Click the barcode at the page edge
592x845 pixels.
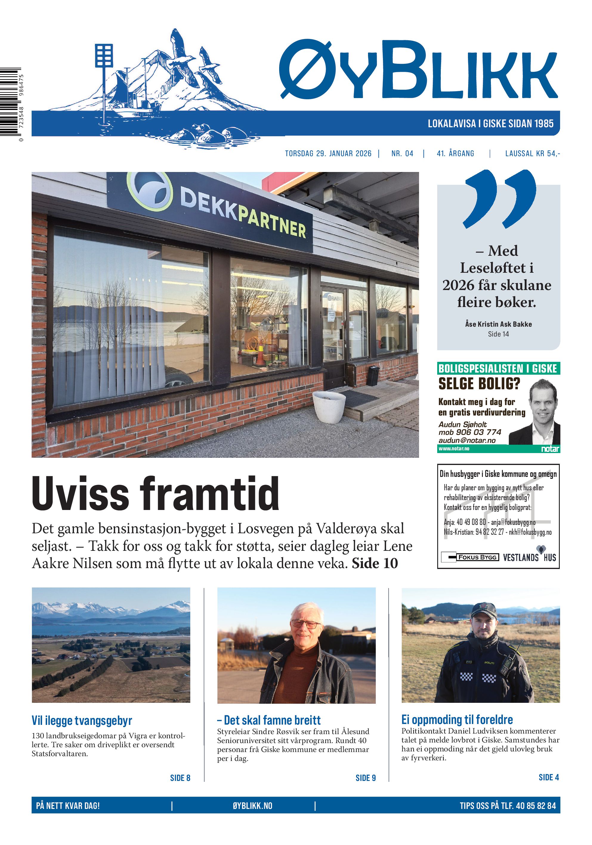click(x=10, y=102)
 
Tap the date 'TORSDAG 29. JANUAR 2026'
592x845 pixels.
click(x=328, y=154)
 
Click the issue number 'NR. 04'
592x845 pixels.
click(x=402, y=154)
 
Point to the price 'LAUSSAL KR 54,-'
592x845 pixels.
click(x=532, y=154)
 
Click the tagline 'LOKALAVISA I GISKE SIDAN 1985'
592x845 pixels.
click(x=490, y=124)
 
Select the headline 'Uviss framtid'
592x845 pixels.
click(x=155, y=494)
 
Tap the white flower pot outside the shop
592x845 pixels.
click(x=329, y=406)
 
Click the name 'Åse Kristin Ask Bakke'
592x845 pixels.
click(x=498, y=324)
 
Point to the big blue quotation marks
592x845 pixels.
click(x=500, y=199)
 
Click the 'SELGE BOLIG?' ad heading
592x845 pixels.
click(x=479, y=384)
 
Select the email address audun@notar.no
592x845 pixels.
click(x=467, y=440)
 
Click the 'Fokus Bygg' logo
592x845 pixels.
click(x=470, y=557)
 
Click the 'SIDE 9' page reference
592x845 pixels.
click(x=365, y=778)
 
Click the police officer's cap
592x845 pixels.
click(x=483, y=610)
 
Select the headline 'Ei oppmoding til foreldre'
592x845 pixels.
click(x=457, y=720)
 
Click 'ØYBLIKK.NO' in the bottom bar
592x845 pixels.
click(x=253, y=806)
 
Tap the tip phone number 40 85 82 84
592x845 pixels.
click(x=536, y=806)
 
